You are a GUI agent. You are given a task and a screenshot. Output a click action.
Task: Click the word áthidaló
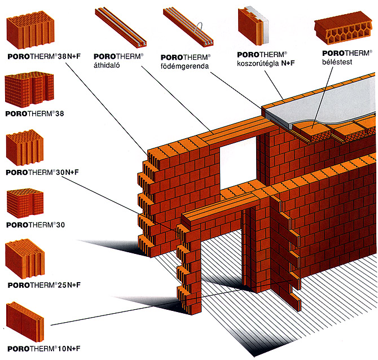[108, 65]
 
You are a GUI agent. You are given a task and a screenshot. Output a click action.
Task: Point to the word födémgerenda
[185, 66]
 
